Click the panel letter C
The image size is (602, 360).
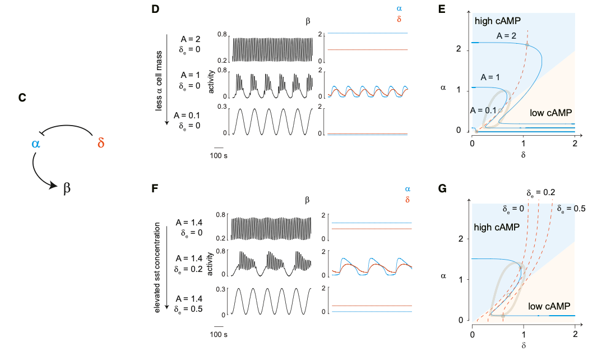click(x=22, y=98)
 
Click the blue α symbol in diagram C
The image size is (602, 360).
click(x=36, y=144)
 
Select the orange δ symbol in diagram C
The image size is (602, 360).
click(x=101, y=143)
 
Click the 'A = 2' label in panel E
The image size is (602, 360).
click(x=507, y=35)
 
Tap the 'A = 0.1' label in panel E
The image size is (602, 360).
click(x=483, y=110)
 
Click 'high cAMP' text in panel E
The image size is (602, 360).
click(x=498, y=21)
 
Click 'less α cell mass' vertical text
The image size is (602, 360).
click(x=159, y=78)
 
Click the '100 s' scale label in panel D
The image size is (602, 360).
click(x=219, y=154)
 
